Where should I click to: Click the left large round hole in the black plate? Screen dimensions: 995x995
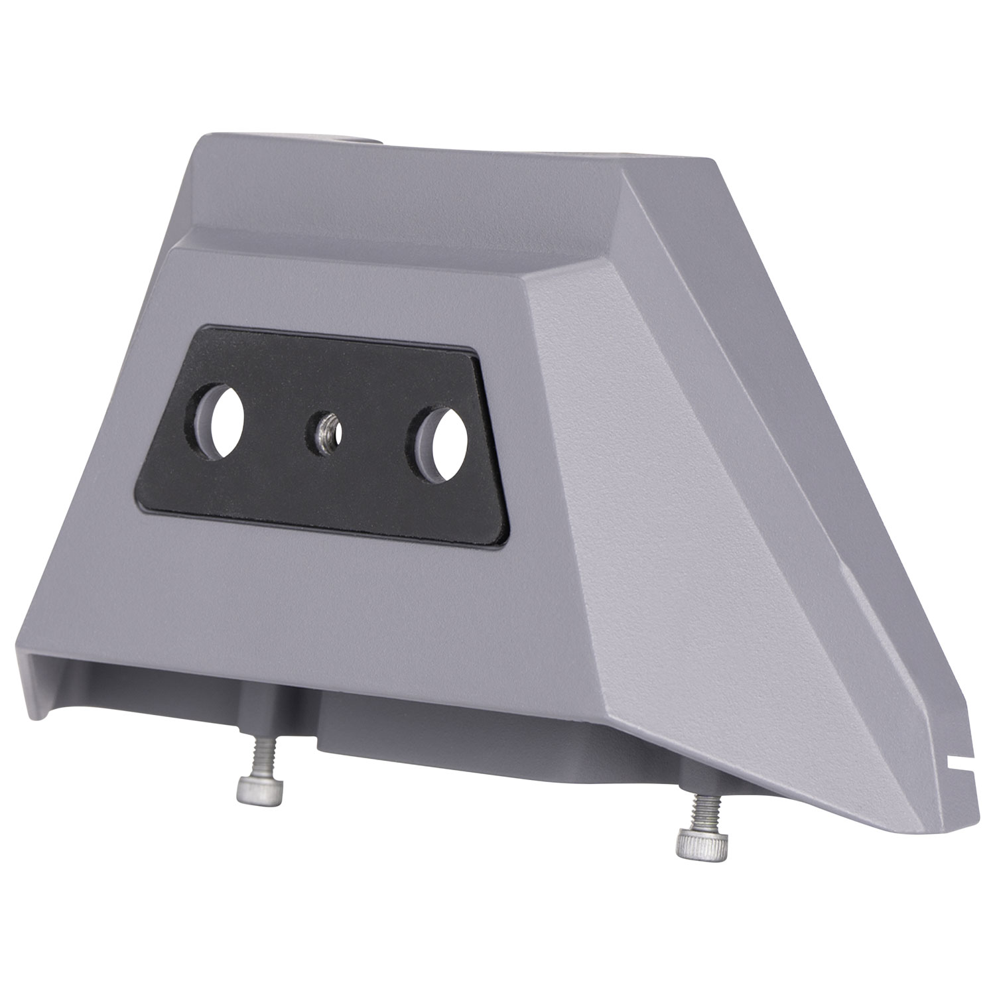click(220, 422)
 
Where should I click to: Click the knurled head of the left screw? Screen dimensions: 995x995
click(259, 791)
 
